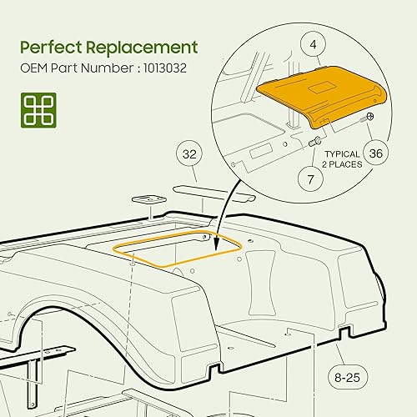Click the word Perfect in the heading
click(x=52, y=47)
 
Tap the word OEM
click(x=35, y=68)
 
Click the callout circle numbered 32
click(x=188, y=154)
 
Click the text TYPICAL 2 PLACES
click(x=342, y=159)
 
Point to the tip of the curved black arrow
click(x=215, y=249)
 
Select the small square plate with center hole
click(x=147, y=201)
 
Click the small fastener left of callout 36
click(x=366, y=122)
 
